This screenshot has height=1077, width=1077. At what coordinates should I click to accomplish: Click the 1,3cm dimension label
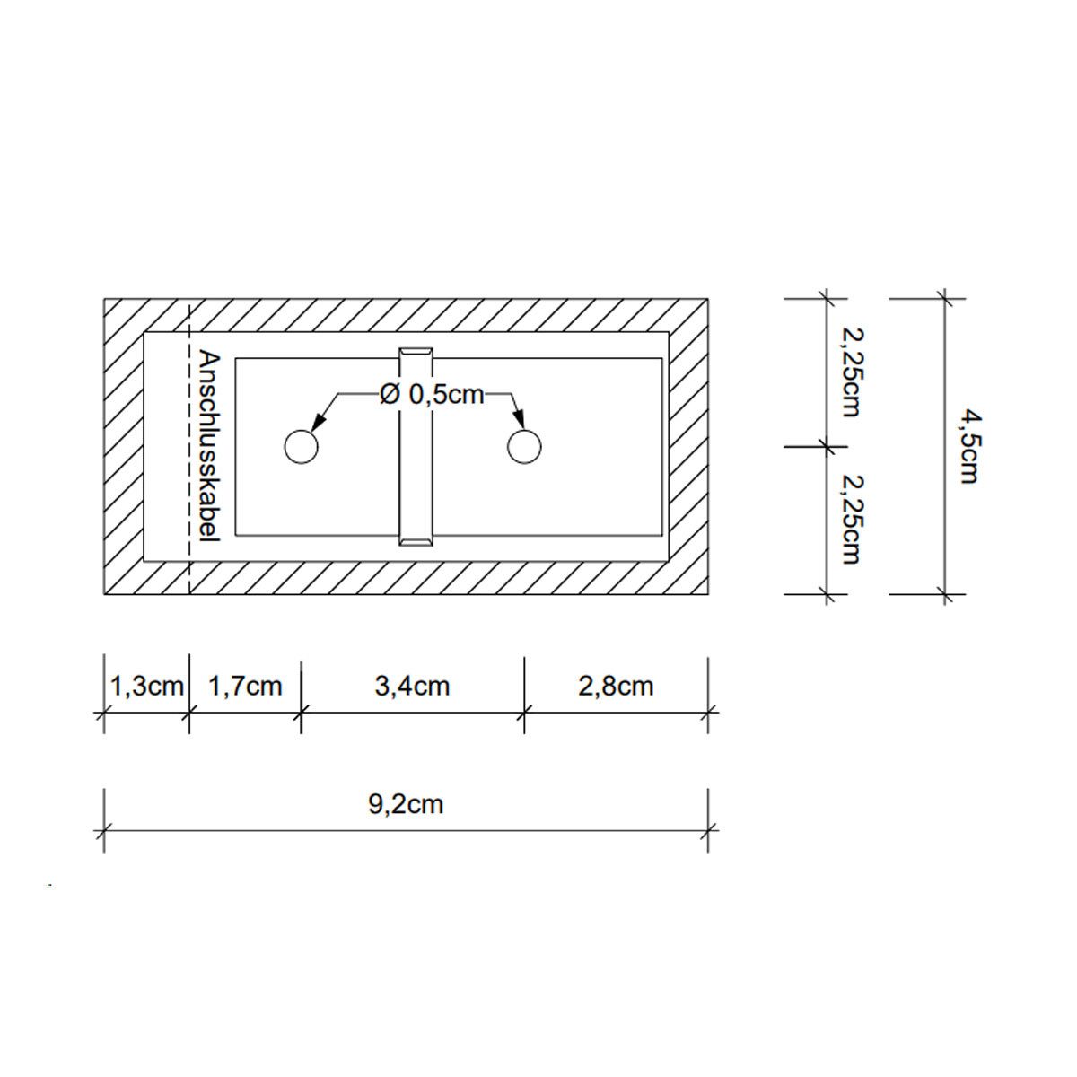click(x=146, y=687)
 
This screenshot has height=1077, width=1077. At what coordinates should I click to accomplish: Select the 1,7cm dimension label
click(x=245, y=687)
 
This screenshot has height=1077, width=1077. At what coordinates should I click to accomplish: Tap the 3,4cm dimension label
click(x=413, y=687)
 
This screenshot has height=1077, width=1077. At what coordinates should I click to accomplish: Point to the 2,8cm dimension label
click(x=617, y=687)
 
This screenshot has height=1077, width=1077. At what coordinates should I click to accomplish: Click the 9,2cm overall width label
click(x=406, y=803)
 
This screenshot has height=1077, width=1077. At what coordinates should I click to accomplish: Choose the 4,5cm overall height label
click(x=967, y=446)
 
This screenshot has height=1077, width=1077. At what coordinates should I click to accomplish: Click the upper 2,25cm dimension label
click(x=850, y=372)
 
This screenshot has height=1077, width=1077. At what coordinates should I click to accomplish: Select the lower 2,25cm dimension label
click(x=850, y=520)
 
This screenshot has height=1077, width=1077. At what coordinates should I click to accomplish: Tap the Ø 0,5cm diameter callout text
click(x=432, y=394)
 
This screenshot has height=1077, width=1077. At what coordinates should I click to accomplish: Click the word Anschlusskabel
click(x=209, y=445)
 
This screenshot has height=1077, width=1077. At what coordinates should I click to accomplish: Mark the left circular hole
click(x=301, y=446)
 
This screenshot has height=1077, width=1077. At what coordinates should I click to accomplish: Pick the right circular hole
click(x=524, y=446)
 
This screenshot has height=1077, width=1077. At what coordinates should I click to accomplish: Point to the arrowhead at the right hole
click(x=518, y=423)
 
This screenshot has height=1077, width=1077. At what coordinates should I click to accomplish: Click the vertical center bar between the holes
click(x=416, y=446)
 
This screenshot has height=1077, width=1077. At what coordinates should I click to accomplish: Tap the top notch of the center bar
click(x=416, y=351)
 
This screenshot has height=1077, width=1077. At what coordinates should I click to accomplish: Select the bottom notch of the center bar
click(x=416, y=540)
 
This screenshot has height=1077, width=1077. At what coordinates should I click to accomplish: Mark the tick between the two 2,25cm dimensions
click(x=826, y=446)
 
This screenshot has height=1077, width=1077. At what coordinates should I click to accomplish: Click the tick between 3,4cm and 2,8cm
click(x=524, y=714)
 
